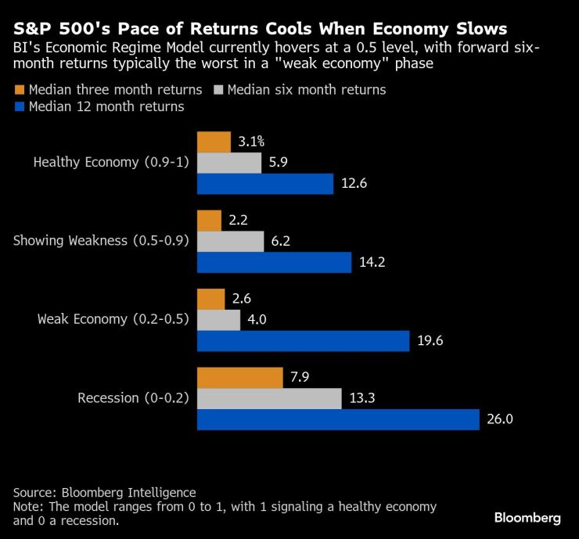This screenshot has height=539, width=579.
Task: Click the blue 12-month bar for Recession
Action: pyautogui.click(x=337, y=419)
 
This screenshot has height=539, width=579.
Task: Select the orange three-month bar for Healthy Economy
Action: pyautogui.click(x=214, y=142)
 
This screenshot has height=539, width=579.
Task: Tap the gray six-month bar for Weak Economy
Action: pyautogui.click(x=218, y=319)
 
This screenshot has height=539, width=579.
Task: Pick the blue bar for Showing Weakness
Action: pyautogui.click(x=274, y=262)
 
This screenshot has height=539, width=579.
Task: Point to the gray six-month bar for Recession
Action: pyautogui.click(x=269, y=398)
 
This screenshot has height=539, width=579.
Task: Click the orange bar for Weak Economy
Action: pyautogui.click(x=211, y=298)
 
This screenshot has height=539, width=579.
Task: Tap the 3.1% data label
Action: pyautogui.click(x=251, y=142)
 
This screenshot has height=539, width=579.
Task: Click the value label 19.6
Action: pyautogui.click(x=430, y=341)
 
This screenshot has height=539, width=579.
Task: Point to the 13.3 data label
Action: pyautogui.click(x=361, y=398)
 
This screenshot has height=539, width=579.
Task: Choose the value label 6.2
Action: pyautogui.click(x=281, y=241)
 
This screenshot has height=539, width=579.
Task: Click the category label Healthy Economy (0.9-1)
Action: pyautogui.click(x=111, y=163)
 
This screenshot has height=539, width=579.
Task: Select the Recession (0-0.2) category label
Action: pyautogui.click(x=133, y=398)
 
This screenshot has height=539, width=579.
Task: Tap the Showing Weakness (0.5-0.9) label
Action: pyautogui.click(x=102, y=241)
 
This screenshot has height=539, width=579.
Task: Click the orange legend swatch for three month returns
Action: pyautogui.click(x=19, y=89)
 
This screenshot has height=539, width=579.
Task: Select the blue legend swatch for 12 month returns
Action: pyautogui.click(x=19, y=106)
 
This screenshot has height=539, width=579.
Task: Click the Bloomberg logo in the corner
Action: pyautogui.click(x=527, y=518)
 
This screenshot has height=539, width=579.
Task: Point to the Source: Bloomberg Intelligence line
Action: pyautogui.click(x=104, y=492)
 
